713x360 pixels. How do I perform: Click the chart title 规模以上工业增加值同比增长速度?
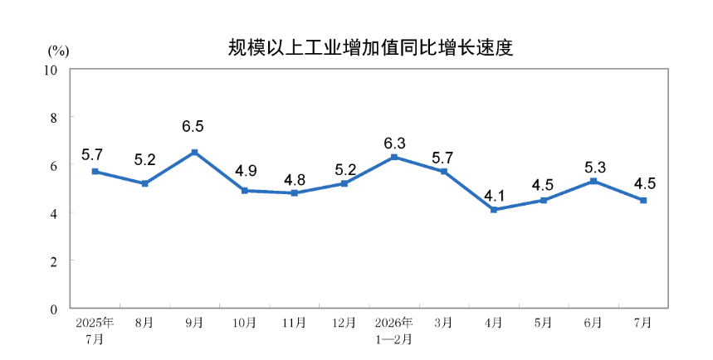[x=370, y=48]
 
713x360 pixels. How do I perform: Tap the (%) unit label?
[x=58, y=51]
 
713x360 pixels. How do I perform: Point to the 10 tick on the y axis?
[x=51, y=70]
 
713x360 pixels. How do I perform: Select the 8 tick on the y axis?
[x=54, y=118]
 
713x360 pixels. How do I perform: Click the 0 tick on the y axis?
[x=54, y=309]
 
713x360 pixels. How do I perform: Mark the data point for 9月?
[x=194, y=153]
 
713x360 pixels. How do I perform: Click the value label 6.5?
[x=193, y=126]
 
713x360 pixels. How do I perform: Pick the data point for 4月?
[x=494, y=210]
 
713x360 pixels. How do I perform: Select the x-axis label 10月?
[x=244, y=323]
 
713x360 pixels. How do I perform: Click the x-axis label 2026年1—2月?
[x=394, y=330]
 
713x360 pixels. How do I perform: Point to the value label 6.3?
[x=394, y=144]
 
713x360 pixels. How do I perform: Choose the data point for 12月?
[x=344, y=183]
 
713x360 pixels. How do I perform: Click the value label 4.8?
[x=295, y=180]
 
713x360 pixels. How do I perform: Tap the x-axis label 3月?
[x=443, y=323]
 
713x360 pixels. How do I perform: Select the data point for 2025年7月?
[x=95, y=172]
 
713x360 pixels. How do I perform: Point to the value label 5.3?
[x=595, y=168]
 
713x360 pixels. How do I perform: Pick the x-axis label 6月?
[x=593, y=323]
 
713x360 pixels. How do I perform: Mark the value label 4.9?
[x=246, y=171]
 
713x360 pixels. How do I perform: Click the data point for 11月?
[x=294, y=192]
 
